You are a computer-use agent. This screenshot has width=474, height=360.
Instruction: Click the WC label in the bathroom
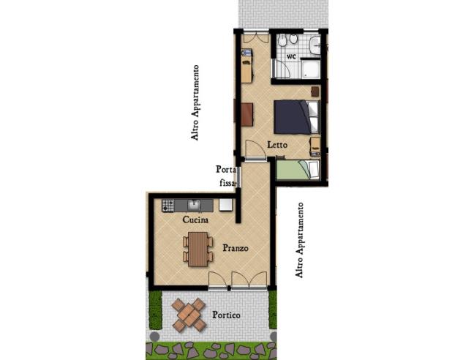(290, 56)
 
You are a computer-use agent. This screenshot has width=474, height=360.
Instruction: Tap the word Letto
(276, 145)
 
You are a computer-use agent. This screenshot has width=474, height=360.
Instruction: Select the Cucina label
(196, 220)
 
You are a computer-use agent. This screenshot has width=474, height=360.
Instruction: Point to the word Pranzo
(235, 248)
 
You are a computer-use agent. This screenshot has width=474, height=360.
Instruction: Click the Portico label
(227, 315)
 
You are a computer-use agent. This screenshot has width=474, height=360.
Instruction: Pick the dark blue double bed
(296, 115)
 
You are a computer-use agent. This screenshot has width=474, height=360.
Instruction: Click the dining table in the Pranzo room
(197, 248)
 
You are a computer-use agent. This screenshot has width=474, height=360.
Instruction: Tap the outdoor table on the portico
(189, 314)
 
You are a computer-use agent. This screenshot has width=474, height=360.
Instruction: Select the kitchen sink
(194, 205)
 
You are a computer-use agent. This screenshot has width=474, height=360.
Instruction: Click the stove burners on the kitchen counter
(168, 205)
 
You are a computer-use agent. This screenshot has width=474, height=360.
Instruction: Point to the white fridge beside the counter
(226, 205)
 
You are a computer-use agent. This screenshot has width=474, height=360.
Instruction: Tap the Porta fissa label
(226, 176)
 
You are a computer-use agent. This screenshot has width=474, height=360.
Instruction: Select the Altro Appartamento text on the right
(298, 240)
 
